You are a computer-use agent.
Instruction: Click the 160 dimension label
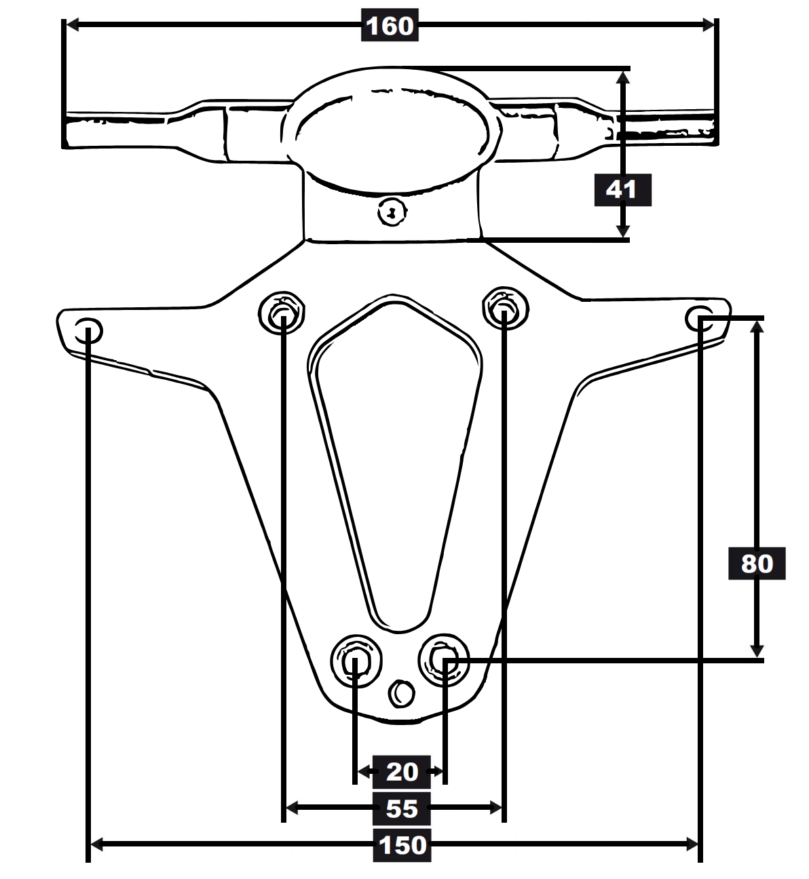390,25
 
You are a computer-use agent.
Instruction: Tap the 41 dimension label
622,190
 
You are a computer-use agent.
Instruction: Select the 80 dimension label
757,564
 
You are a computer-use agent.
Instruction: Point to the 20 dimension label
401,772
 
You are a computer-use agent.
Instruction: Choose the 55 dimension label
401,808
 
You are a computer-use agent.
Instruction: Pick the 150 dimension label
402,845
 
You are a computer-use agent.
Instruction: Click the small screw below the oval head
392,212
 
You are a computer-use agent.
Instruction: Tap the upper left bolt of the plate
282,313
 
